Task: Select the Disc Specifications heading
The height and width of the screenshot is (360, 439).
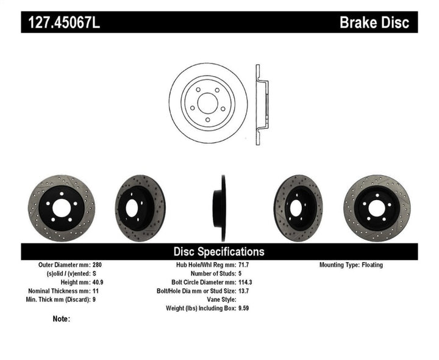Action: (219, 251)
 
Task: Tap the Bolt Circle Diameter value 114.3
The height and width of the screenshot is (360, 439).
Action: (244, 283)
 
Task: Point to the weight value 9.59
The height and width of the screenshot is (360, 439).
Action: (243, 308)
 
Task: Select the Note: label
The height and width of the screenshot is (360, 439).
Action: (62, 319)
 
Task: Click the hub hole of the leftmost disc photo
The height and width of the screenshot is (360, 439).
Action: (61, 208)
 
